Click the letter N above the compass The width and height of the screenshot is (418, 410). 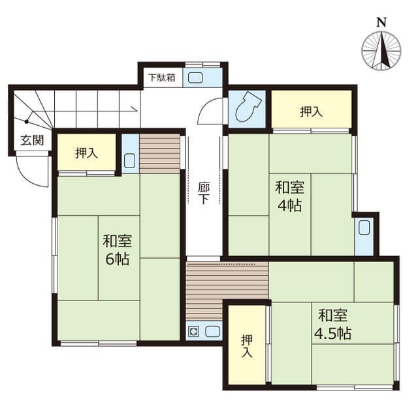381,22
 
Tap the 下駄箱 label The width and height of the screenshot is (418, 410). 162,78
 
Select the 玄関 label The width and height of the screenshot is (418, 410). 32,140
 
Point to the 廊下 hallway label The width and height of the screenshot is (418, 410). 204,193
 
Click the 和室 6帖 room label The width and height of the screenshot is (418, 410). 118,250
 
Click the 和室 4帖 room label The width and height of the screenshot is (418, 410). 289,196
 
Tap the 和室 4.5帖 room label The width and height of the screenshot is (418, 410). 333,324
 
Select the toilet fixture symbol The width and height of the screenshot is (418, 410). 248,107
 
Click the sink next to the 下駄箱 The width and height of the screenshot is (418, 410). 195,78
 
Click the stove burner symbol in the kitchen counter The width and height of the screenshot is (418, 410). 193,331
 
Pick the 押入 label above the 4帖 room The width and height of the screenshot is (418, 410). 311,111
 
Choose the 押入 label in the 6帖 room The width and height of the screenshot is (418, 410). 86,153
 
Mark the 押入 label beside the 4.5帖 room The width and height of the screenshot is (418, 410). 247,346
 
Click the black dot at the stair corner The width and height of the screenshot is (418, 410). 26,122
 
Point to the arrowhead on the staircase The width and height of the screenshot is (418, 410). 135,109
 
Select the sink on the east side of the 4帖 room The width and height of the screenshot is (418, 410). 364,227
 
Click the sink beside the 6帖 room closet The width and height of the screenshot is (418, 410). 129,161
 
